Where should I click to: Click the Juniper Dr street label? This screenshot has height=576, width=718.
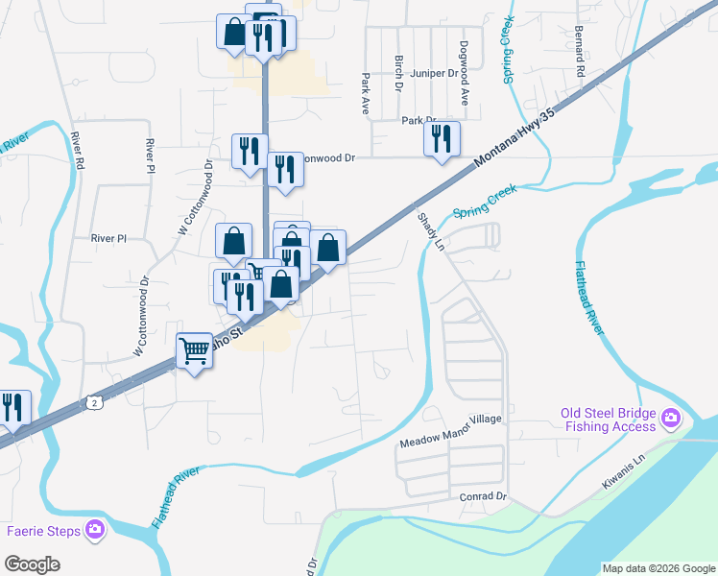click(435, 73)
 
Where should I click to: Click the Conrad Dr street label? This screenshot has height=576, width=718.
click(482, 496)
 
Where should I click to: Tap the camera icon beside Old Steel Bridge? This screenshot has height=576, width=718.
click(670, 419)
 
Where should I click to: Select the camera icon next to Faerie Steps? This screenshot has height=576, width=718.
click(94, 529)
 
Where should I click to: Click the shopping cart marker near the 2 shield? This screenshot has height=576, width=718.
click(195, 352)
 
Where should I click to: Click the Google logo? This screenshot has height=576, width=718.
click(32, 564)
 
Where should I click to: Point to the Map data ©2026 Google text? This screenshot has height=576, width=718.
click(658, 568)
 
